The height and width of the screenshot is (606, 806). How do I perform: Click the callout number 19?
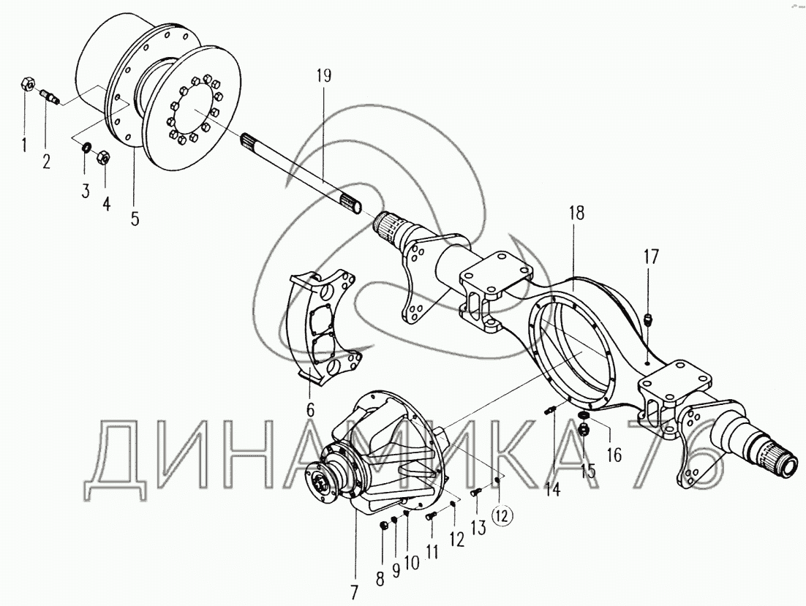point(323,75)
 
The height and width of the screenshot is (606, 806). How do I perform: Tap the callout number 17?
point(650,257)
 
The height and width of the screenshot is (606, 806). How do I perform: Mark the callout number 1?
point(24,144)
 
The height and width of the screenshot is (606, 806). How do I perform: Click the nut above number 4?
point(104,156)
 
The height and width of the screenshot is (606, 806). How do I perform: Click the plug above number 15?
point(584,429)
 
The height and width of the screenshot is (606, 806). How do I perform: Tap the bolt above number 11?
point(431,517)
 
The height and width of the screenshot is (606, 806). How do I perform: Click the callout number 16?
point(613,455)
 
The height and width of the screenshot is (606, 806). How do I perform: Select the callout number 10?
point(410,563)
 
